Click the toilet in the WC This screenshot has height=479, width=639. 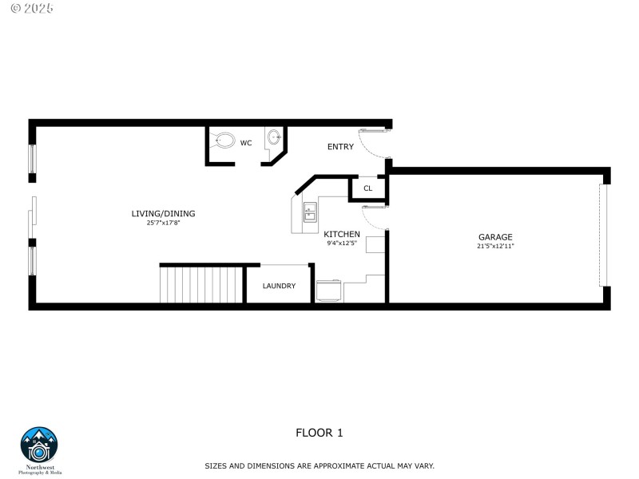(x=224, y=141)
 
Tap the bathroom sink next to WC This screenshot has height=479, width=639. (x=274, y=137)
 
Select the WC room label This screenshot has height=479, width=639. (x=246, y=144)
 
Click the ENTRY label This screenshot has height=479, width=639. (x=340, y=147)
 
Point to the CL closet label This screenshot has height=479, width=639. (x=367, y=189)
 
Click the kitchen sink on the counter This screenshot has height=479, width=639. (x=310, y=212)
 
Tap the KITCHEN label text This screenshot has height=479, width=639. (x=342, y=234)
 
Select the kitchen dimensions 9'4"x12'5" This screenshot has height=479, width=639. (x=342, y=243)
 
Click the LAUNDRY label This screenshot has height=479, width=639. (x=279, y=286)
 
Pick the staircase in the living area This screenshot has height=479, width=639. (x=201, y=285)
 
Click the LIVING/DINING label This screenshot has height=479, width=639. (x=163, y=213)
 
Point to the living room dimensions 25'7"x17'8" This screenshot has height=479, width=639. (x=163, y=223)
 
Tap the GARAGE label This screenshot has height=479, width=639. (x=495, y=237)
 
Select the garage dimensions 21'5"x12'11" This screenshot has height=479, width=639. (x=495, y=246)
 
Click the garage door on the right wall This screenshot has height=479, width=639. (x=604, y=235)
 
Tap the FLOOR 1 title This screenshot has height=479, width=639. (x=319, y=433)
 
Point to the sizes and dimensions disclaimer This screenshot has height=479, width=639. (x=319, y=465)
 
